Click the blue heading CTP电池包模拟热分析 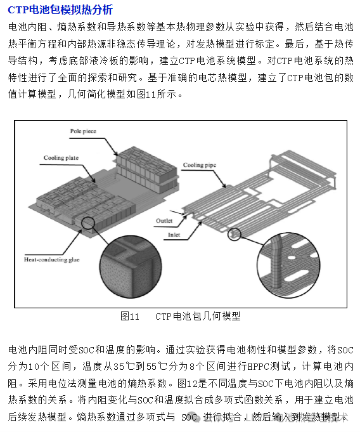60,10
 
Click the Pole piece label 83,131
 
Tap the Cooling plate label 61,158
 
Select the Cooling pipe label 200,165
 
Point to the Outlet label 164,221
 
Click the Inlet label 174,235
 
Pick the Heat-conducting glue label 52,259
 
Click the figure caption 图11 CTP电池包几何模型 181,316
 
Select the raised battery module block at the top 147,169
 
